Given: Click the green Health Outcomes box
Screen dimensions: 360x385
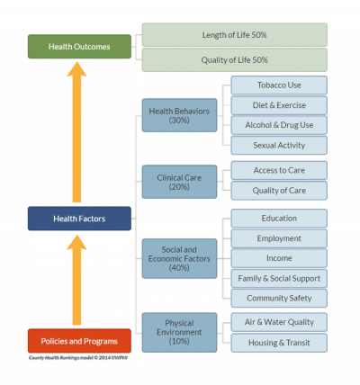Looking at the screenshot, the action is coord(79,47).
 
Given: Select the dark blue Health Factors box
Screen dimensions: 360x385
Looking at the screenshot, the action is coord(79,219).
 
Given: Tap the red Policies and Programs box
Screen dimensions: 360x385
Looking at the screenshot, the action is coord(79,341).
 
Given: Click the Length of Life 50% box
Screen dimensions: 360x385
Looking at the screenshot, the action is coord(235,35).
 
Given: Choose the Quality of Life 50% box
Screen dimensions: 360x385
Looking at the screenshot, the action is coord(235,60).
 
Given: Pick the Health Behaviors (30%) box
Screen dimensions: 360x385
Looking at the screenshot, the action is coord(179,115).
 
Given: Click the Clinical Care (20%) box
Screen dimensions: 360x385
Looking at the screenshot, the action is coord(179,182).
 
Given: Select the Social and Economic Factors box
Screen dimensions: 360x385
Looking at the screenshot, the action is coord(179,258).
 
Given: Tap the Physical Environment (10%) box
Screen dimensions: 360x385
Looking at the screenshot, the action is coord(179,332).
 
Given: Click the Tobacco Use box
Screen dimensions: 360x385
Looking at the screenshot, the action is coord(279,85).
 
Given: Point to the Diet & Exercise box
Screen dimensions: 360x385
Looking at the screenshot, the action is coord(279,105).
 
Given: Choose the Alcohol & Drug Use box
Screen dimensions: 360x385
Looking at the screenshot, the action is coord(279,125).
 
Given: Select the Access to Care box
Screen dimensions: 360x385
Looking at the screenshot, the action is coord(279,170).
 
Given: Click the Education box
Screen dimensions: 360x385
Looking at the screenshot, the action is coord(279,219).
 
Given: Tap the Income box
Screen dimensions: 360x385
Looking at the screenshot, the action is coord(279,258).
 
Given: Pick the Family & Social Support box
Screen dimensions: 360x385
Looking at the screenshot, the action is coord(279,279).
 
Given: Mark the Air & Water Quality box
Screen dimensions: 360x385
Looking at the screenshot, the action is coord(279,322).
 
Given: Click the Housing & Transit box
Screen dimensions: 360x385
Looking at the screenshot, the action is coord(279,343).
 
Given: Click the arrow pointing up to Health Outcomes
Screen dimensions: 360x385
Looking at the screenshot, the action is coord(76,132).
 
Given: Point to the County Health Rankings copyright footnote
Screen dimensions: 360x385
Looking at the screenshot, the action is coord(78,358).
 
